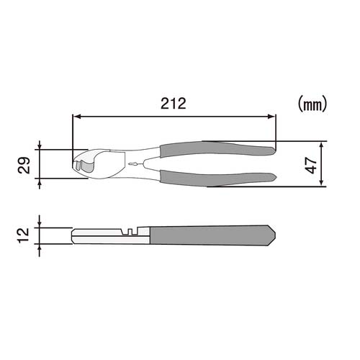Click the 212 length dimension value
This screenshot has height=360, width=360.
point(174,104)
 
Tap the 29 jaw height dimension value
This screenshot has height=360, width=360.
point(24,165)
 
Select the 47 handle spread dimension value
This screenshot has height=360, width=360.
point(311,166)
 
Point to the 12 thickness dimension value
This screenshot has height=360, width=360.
point(24,235)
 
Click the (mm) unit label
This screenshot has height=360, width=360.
point(312,104)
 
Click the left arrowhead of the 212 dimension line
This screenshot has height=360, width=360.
point(76,117)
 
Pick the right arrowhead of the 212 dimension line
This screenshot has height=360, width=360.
point(271,117)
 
